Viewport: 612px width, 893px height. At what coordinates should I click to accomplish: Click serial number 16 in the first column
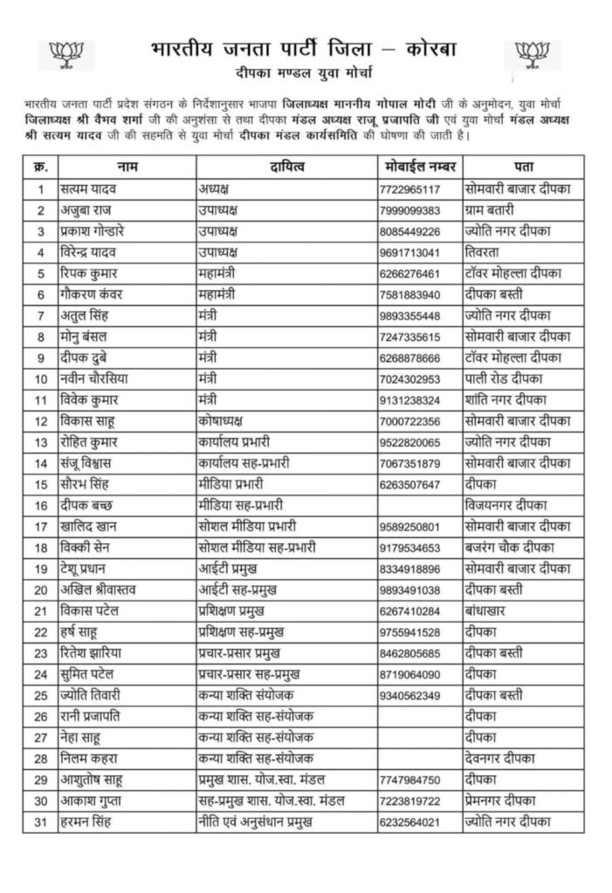(40, 506)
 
